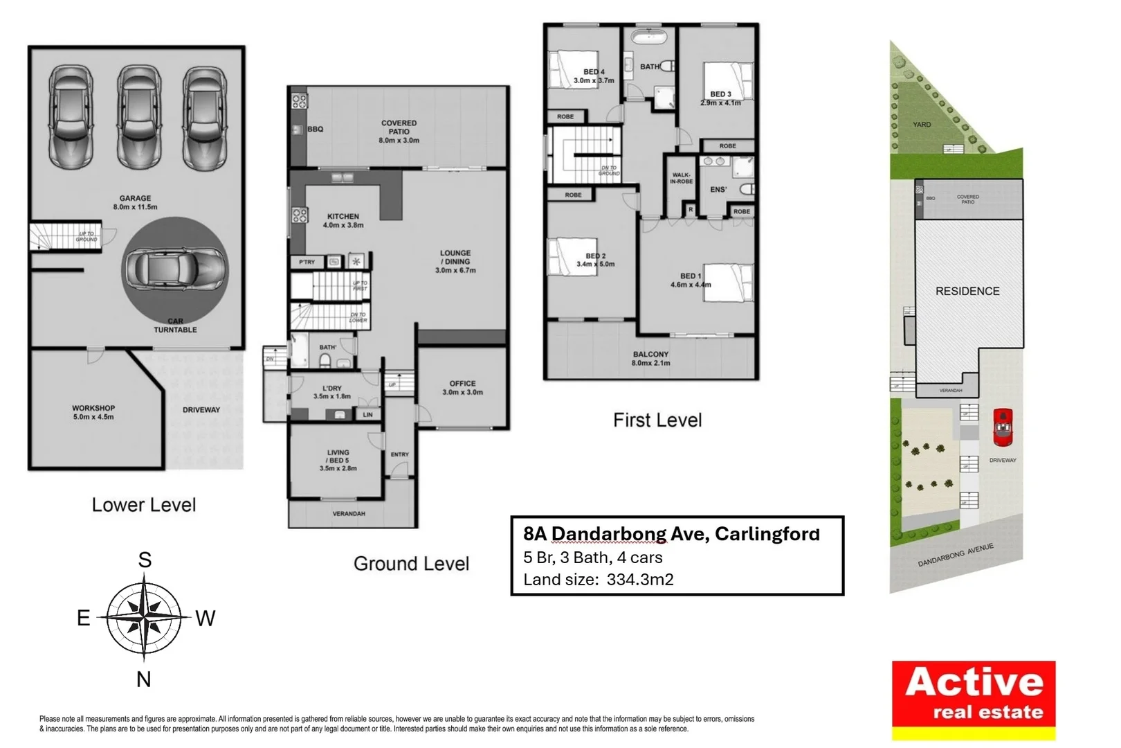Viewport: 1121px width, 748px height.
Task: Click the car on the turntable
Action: click(175, 268)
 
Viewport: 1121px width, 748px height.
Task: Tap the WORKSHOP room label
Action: click(93, 412)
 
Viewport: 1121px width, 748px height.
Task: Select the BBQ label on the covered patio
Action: click(315, 129)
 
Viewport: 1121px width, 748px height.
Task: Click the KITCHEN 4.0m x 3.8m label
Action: click(343, 220)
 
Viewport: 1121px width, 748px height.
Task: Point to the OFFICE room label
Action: click(462, 387)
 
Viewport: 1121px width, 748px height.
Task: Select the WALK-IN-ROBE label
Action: click(681, 178)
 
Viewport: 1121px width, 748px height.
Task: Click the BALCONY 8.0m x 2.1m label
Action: click(650, 358)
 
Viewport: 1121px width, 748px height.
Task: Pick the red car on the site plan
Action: click(1003, 427)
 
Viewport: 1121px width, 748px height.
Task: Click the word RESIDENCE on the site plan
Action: click(967, 292)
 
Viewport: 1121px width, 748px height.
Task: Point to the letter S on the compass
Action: click(145, 560)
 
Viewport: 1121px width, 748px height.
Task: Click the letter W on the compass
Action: click(205, 618)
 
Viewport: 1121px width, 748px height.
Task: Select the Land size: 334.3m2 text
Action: click(598, 580)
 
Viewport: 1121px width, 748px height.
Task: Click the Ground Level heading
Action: click(411, 564)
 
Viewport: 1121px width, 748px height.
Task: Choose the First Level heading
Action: click(657, 420)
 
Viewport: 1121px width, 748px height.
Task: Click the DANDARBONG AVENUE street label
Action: click(956, 555)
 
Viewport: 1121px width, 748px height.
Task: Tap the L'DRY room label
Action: click(332, 392)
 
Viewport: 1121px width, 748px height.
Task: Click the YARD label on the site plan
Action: click(922, 125)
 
